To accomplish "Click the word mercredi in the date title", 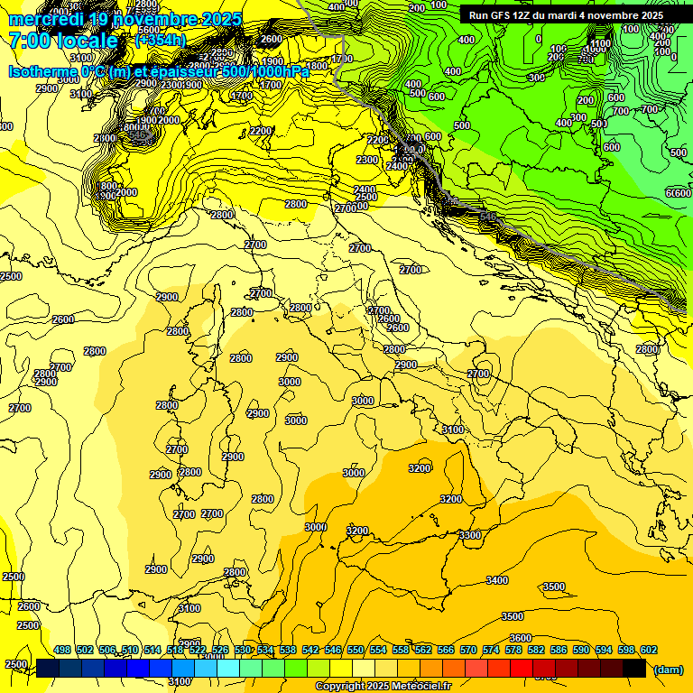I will pos(46,19).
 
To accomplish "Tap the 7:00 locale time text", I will pos(63,41).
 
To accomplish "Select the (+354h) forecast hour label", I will pos(160,41).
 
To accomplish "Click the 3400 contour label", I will pos(496,580).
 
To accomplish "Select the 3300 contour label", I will pos(469,535).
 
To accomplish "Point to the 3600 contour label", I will pos(520,638).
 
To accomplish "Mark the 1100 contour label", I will pos(599,43).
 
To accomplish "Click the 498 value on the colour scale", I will pos(61,650).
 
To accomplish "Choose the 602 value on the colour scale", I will pos(648,650).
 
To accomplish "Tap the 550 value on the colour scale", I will pos(355,650).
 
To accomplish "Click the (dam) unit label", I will pos(668,670).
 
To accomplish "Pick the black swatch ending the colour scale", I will pos(633,668).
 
